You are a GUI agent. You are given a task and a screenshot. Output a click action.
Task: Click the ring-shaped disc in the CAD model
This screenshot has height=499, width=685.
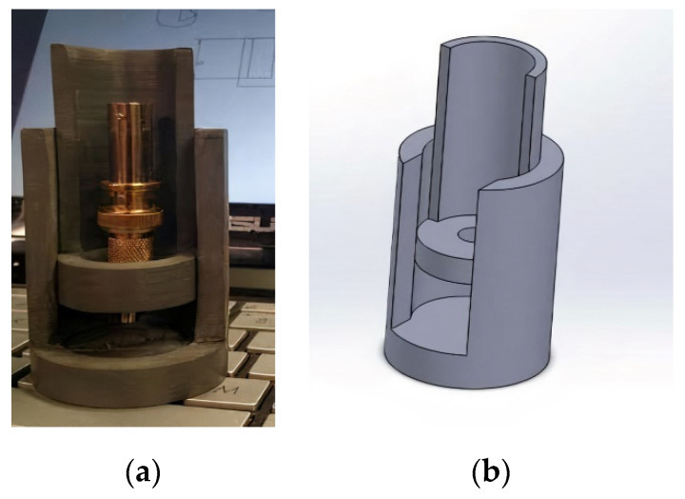(447, 248)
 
